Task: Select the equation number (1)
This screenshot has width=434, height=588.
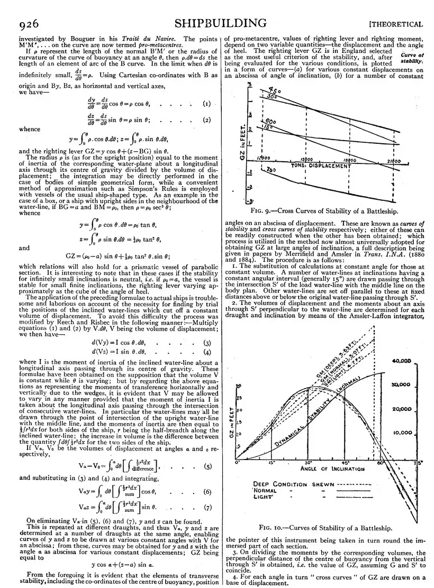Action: pos(206,104)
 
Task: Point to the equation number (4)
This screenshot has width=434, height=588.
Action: pos(207,352)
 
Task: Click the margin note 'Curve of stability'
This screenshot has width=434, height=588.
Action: pos(412,58)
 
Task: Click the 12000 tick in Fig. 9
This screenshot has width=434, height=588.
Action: pos(263,159)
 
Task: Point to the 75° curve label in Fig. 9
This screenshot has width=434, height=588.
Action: pos(271,170)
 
